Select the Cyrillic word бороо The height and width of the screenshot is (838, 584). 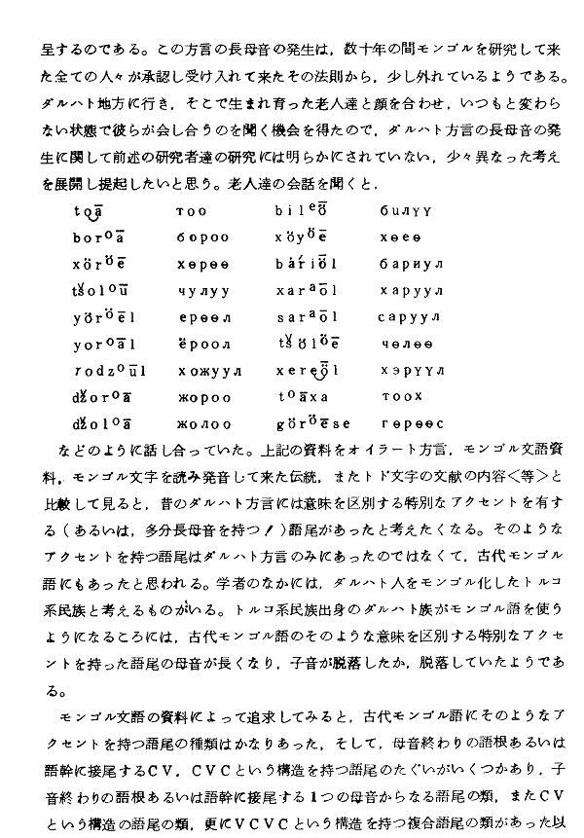(x=203, y=237)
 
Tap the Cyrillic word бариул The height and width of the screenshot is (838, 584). (x=411, y=263)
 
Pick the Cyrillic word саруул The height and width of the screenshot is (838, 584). (x=411, y=316)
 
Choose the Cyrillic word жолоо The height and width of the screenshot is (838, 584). (x=204, y=424)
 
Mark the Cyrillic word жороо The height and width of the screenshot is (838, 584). (x=204, y=397)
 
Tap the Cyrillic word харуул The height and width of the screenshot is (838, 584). (x=411, y=290)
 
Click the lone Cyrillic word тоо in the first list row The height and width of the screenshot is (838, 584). (x=192, y=209)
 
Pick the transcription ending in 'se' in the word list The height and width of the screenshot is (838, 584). (x=313, y=423)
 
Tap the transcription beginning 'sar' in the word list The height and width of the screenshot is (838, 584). (x=306, y=316)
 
